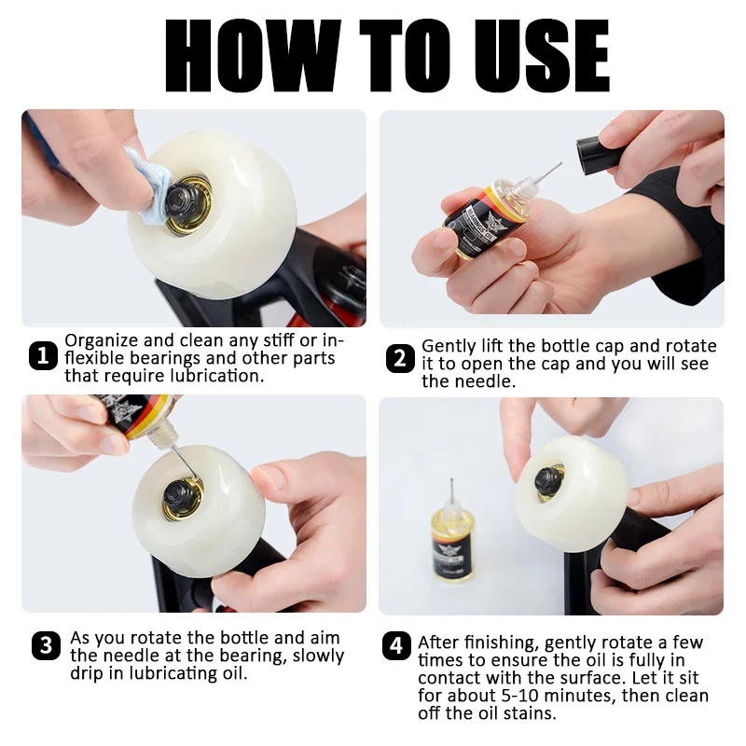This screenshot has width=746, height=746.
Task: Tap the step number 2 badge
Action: pos(400,358)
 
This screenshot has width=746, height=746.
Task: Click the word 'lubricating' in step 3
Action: pos(151,673)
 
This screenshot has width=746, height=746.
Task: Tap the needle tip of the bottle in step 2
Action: pos(559,166)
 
